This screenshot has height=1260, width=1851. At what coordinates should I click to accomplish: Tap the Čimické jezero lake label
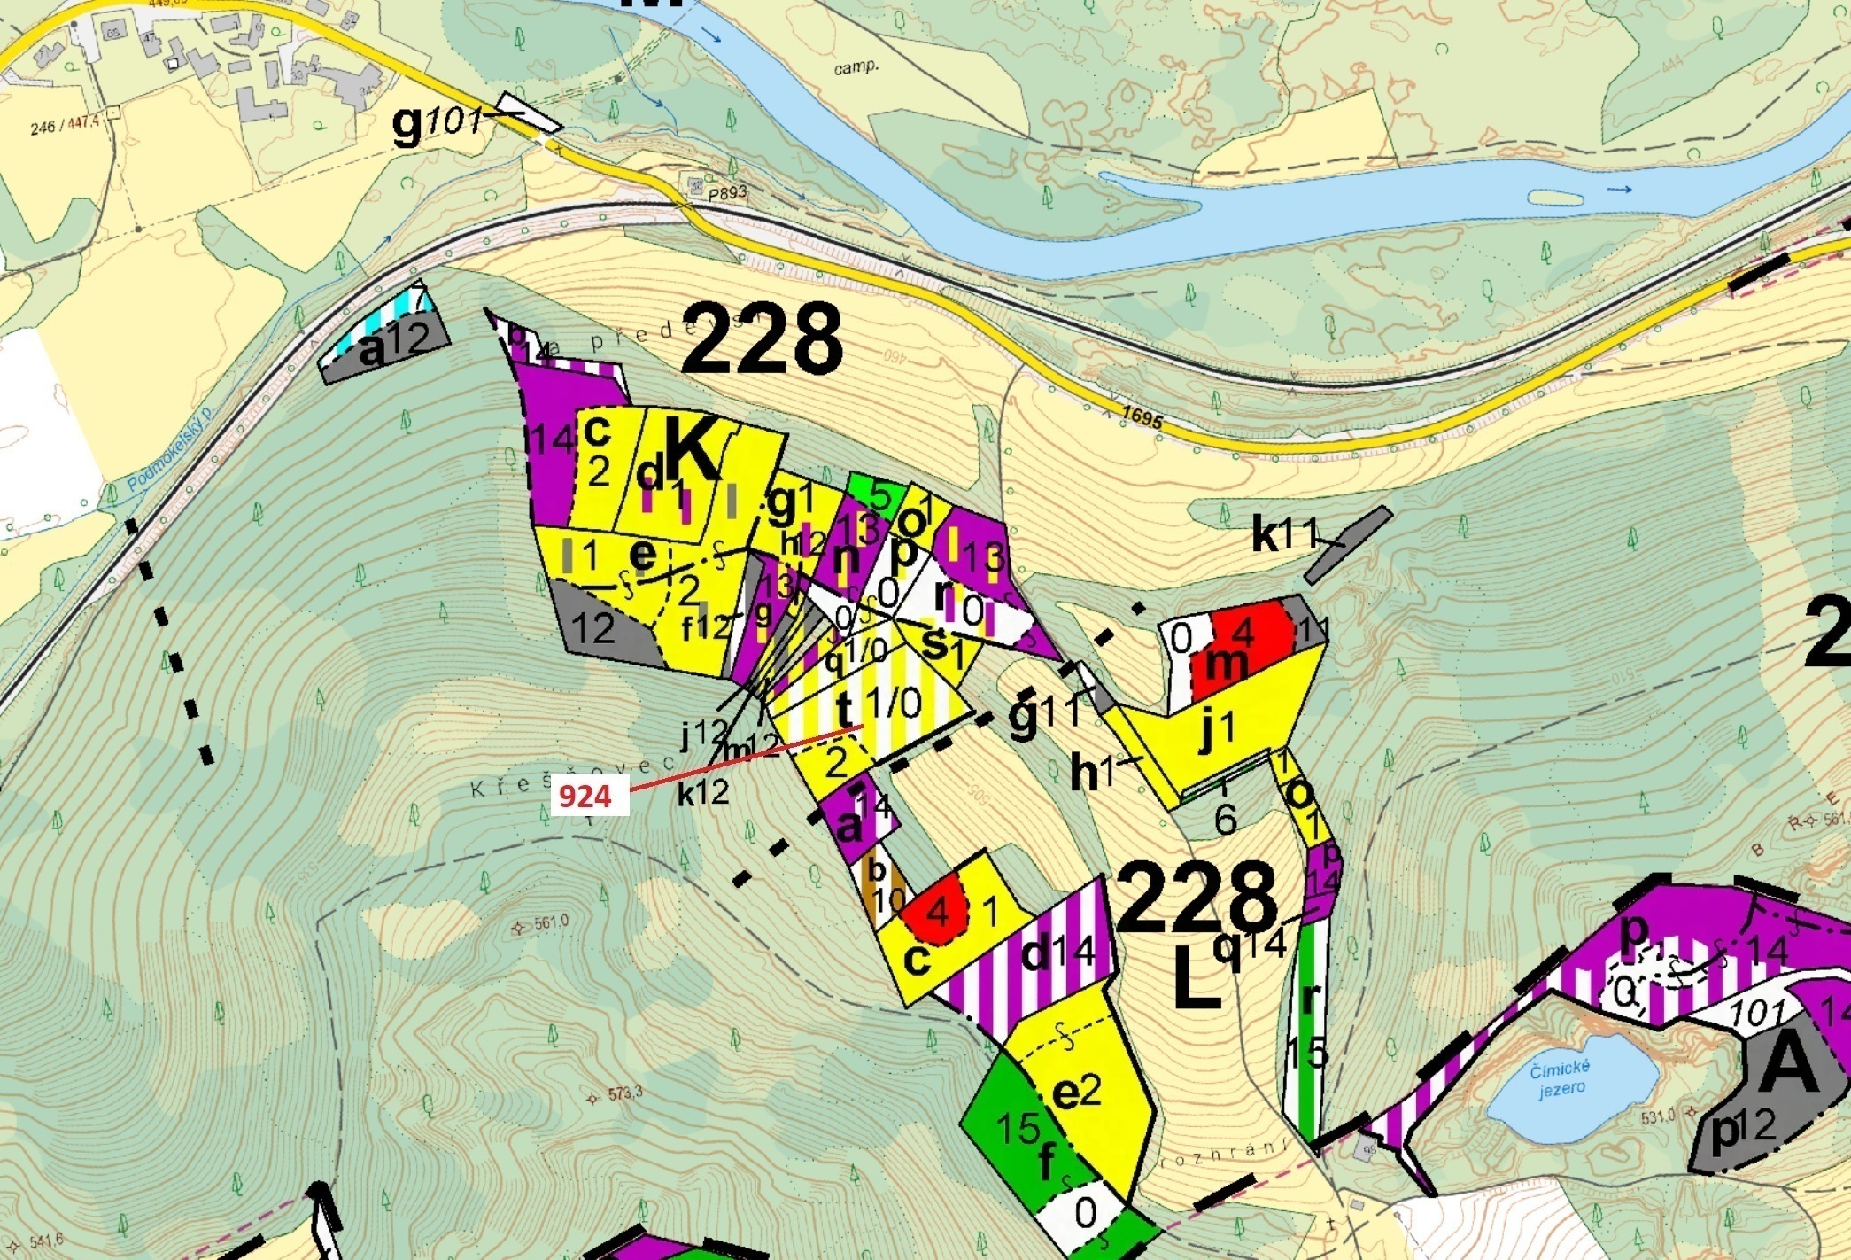1561,1079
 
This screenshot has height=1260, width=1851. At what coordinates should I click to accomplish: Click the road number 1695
1141,417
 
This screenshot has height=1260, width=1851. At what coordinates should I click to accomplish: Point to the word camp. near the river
856,66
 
